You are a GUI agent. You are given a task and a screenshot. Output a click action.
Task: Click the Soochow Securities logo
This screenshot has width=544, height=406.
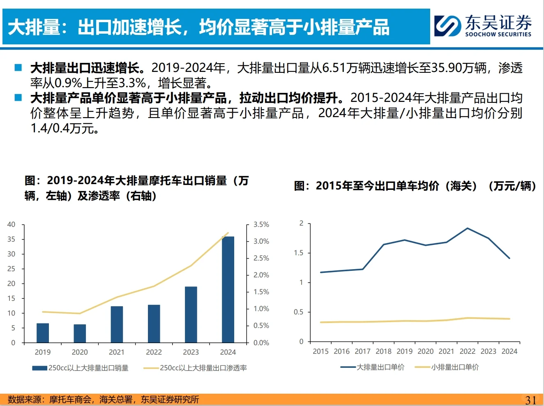tap(483, 26)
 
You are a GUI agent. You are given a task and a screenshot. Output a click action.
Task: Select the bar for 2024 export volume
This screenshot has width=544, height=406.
tap(228, 289)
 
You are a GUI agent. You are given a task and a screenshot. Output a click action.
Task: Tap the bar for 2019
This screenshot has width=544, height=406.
tap(43, 333)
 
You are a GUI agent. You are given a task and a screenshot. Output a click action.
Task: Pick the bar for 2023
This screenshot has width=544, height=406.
tap(191, 314)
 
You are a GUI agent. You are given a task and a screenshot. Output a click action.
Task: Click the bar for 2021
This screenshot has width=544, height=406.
tap(117, 324)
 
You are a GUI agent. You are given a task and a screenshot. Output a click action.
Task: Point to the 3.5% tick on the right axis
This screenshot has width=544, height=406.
tap(261, 225)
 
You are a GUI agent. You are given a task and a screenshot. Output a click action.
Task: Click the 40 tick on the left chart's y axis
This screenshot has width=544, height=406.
tap(11, 224)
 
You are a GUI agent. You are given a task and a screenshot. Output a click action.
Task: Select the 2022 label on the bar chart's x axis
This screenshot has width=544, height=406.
tap(154, 352)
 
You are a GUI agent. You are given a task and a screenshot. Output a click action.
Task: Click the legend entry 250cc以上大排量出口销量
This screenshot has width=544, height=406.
tap(81, 368)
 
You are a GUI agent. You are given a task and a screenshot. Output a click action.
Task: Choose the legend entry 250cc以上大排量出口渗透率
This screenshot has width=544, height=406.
tap(195, 368)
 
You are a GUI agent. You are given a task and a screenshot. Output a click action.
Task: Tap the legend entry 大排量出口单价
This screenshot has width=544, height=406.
tap(372, 367)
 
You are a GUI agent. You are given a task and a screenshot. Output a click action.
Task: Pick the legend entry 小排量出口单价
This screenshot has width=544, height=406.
tap(447, 367)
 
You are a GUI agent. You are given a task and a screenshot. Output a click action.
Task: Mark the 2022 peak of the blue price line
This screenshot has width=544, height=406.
tap(468, 228)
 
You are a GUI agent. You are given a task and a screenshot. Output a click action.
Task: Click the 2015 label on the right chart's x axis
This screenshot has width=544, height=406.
tap(320, 351)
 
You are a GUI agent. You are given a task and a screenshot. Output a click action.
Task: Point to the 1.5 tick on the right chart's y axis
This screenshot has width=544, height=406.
tap(299, 253)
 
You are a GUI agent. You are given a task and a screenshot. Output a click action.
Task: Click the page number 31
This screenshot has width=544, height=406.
tap(530, 400)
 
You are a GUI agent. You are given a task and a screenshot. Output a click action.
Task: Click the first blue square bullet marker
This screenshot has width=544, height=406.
tap(18, 67)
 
